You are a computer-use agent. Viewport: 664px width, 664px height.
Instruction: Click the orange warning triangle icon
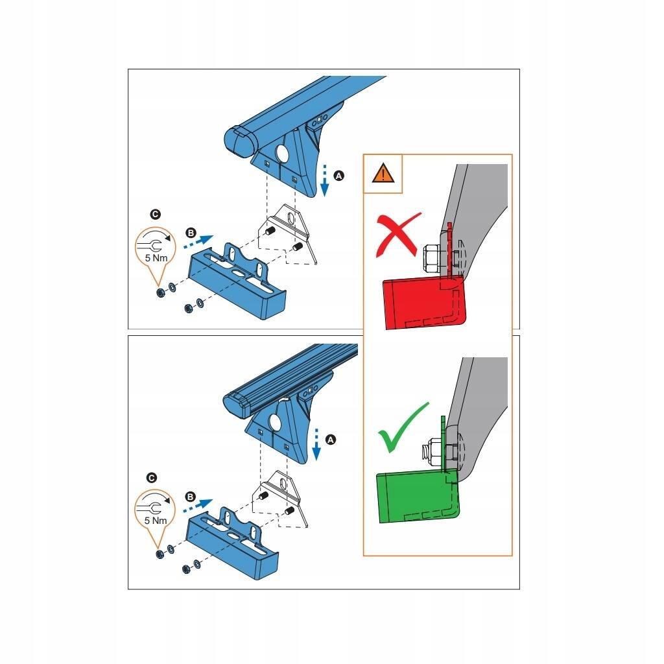coord(383,172)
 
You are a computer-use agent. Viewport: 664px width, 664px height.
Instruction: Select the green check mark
coord(402,428)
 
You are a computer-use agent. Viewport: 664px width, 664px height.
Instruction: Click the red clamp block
coord(423,302)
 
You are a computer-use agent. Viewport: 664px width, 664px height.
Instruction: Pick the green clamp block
coord(417,495)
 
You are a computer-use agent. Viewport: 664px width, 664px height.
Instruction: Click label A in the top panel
coord(338,175)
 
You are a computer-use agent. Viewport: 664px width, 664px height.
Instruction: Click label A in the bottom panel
coord(330,440)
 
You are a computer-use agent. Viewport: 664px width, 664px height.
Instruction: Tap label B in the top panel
coord(191,233)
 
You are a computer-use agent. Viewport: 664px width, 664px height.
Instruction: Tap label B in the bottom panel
coord(190,497)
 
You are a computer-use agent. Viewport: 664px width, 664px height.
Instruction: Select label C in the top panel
coord(156,214)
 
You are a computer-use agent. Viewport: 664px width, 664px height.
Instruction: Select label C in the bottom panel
coord(151,478)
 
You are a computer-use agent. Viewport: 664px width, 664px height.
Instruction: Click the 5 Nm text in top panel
coord(156,258)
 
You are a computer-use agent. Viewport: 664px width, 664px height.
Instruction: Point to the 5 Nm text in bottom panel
coord(156,521)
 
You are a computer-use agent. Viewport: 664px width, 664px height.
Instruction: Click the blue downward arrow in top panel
coord(324,180)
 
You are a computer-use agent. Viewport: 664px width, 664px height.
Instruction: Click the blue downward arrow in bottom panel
coord(316,445)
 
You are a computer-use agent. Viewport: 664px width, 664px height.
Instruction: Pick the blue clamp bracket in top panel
coord(237,281)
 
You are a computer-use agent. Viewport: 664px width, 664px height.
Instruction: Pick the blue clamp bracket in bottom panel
coord(232,543)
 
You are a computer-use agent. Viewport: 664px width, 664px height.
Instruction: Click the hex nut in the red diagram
coord(432,258)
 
